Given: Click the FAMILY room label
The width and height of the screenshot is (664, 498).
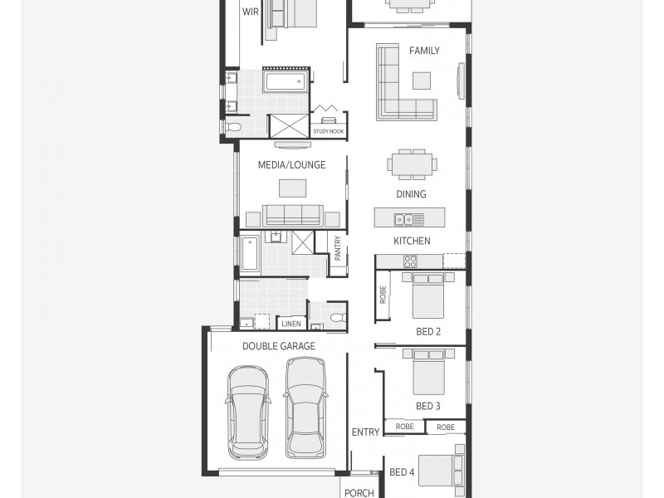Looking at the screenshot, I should coord(424,51).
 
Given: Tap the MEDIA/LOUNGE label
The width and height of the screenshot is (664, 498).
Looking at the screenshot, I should coord(291,165).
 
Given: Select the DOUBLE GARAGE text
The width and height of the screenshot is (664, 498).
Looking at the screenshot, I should coord(279,346).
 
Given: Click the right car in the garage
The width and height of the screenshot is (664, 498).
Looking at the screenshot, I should coord(305,407).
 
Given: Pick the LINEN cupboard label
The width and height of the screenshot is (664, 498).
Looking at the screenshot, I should coord(290,324).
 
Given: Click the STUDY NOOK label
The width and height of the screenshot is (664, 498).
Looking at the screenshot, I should coord(328,131).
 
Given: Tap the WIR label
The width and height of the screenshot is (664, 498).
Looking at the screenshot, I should coord(250,12).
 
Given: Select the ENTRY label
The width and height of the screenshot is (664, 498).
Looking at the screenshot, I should coord(365,432).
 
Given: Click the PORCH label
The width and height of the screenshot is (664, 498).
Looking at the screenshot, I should coord(359,493).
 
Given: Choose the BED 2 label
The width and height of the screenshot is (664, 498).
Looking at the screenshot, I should coord(428,332).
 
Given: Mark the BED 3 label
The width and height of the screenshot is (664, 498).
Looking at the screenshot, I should coord(428,407).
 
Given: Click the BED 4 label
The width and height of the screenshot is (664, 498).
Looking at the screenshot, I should coord(402,473).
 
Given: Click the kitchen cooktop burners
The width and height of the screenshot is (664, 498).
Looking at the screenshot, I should coord(409,261).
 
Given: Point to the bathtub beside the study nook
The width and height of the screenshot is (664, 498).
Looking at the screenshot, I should coord(286,81).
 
